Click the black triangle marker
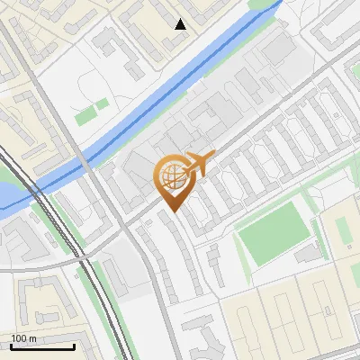click(181, 24)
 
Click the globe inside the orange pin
click(170, 176)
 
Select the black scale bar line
click(42, 346)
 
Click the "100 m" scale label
click(23, 338)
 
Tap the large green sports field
click(274, 233)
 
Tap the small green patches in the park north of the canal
click(86, 116)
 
